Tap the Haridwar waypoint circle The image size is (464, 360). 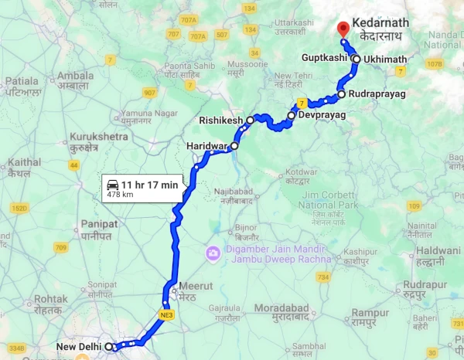pyautogui.click(x=234, y=144)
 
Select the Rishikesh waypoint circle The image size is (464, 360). pyautogui.click(x=251, y=121)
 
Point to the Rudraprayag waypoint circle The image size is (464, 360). pyautogui.click(x=341, y=95)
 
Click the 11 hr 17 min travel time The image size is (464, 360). pyautogui.click(x=149, y=184)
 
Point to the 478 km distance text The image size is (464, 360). pyautogui.click(x=119, y=195)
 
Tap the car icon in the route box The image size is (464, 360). pyautogui.click(x=112, y=184)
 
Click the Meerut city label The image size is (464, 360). pyautogui.click(x=190, y=286)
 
